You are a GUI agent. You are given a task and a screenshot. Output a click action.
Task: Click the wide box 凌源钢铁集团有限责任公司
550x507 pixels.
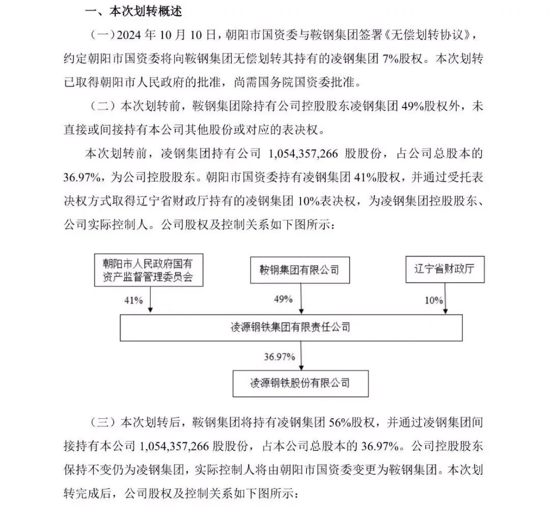[x=290, y=327]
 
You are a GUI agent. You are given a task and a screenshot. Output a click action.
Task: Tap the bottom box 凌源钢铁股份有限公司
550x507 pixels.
[x=300, y=383]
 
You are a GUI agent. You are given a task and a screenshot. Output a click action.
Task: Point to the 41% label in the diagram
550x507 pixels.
[x=133, y=300]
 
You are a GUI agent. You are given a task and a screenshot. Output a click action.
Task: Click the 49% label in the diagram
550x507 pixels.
[x=283, y=299]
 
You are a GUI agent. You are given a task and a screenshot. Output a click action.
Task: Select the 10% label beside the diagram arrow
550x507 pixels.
[x=434, y=300]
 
